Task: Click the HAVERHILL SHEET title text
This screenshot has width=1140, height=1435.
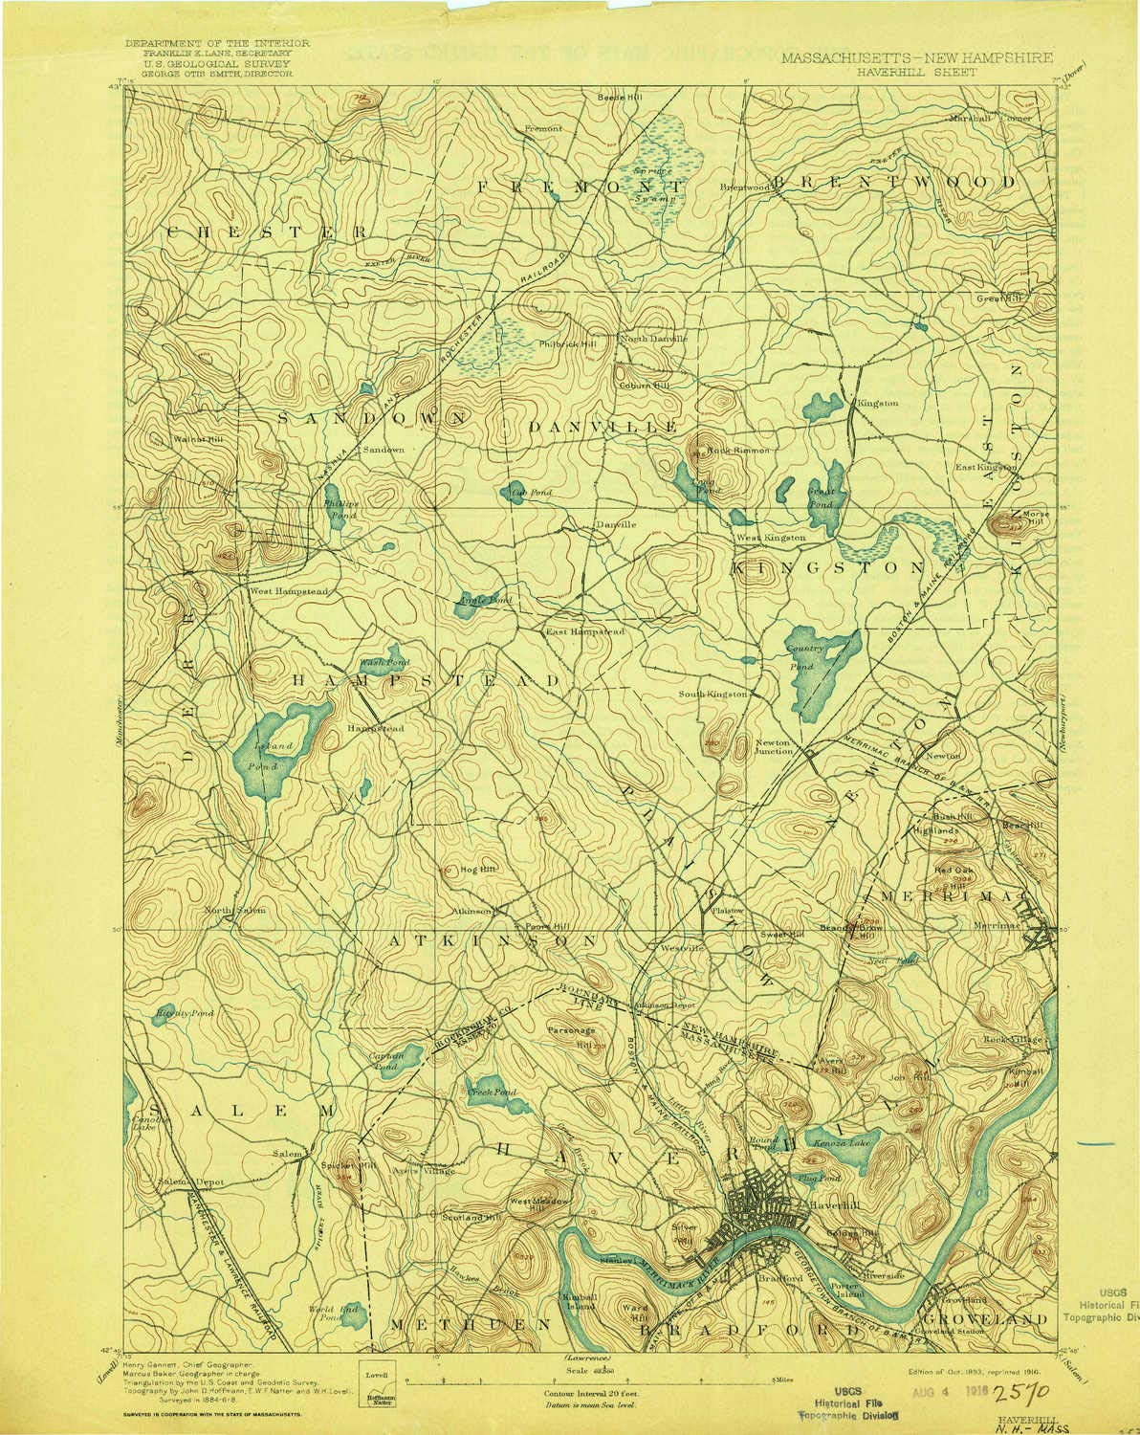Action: (923, 71)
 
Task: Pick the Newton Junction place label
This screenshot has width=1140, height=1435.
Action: (775, 747)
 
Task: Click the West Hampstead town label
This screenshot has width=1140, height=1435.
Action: (289, 591)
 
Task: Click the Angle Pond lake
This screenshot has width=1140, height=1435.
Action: (471, 607)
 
